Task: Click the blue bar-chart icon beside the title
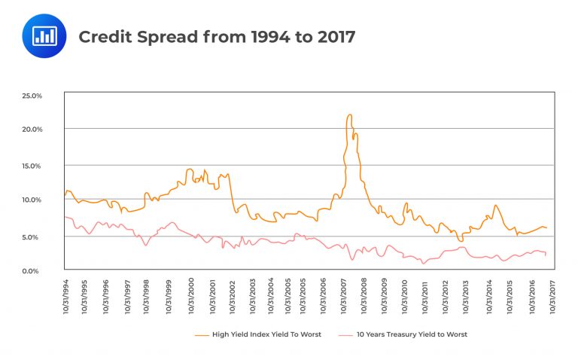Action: (x=46, y=36)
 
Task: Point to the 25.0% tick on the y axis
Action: (x=50, y=96)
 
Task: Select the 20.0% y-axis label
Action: (x=50, y=130)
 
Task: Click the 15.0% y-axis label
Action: (x=50, y=165)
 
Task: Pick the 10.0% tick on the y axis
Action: (x=50, y=200)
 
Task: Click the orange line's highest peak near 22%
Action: (x=349, y=115)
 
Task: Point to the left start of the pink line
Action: (x=65, y=217)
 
